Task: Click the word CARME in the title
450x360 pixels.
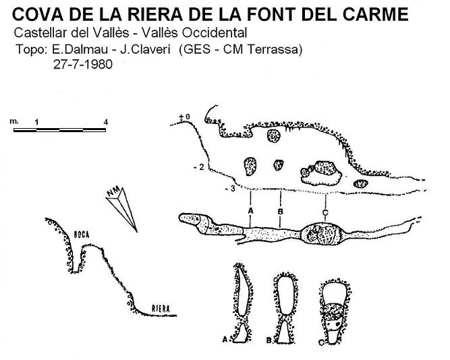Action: point(376,14)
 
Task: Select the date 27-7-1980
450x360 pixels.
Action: point(83,64)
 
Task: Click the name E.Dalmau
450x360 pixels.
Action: point(80,49)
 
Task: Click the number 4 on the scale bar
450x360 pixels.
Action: point(106,122)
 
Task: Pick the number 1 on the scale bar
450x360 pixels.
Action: point(36,122)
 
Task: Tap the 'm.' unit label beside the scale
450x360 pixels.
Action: point(14,121)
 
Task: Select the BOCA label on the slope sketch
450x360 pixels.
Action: point(82,235)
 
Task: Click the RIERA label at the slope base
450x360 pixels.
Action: point(161,309)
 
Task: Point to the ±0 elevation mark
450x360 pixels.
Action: point(185,117)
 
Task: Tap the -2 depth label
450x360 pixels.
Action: point(199,167)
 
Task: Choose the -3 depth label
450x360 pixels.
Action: point(230,189)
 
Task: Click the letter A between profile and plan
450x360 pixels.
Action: point(250,211)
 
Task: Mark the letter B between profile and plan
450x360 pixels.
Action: point(281,212)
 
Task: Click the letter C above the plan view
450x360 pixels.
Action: point(325,212)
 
